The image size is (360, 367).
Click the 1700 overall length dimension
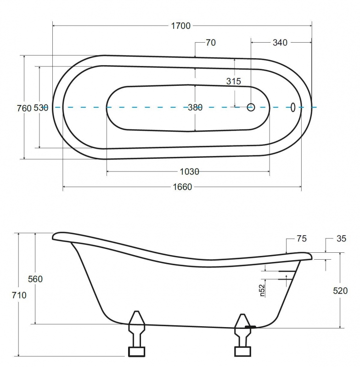coord(181,26)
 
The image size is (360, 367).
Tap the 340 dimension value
coord(280,43)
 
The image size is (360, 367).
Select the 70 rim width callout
coord(211,43)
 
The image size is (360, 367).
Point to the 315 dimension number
coord(234,81)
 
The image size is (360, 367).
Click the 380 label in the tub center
coord(195,107)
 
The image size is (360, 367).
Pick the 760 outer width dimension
coord(24,108)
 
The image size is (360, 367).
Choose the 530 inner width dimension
coord(41,108)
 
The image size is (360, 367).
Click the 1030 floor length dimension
coord(190,172)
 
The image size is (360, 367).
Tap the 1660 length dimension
coord(182,187)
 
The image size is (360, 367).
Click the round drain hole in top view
coord(251,107)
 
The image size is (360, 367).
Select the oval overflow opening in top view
coord(293,107)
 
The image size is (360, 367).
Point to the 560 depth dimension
coord(35,279)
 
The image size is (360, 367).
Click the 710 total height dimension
coord(19,295)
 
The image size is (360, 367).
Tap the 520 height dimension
coord(340,291)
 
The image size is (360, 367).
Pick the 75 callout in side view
coord(301,239)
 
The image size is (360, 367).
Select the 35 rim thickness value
coord(341,239)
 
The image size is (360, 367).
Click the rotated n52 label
coord(262,290)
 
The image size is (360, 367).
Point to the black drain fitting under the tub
coord(250,327)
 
